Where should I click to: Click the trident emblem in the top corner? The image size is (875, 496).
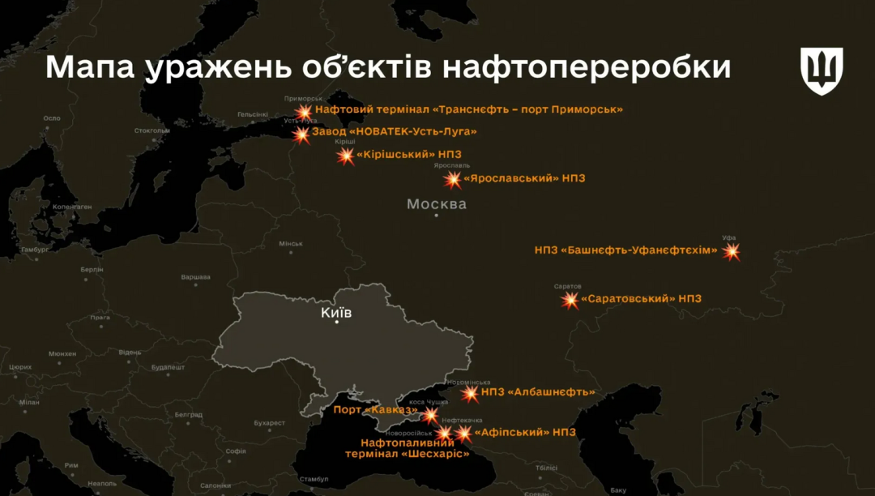pos(822,70)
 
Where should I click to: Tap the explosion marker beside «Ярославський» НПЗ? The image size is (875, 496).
pos(453,179)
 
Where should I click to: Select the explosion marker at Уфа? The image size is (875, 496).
pos(732,251)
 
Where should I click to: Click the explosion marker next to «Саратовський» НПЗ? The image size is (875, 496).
pos(570,301)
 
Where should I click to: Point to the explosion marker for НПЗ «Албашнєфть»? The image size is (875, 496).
pos(470,394)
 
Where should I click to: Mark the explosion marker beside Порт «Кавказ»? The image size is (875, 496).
pos(430,415)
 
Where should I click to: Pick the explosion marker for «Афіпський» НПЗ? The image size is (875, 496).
pos(463,434)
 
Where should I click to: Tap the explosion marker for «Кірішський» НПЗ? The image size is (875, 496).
pos(346,156)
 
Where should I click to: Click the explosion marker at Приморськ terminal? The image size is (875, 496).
pos(304,111)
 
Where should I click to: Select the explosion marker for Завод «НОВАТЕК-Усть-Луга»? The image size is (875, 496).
pos(301,134)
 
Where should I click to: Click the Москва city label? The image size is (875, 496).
pos(437,203)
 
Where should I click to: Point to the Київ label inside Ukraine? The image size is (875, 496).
pos(336,311)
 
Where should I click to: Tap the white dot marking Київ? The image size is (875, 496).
pos(338,322)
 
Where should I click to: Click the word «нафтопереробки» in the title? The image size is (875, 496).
pos(587,68)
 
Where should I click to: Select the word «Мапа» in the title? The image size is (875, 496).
pos(90,68)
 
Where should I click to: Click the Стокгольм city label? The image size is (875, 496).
pos(152,130)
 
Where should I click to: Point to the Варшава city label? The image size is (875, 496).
pos(195,277)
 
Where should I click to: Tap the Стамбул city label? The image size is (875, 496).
pos(314,479)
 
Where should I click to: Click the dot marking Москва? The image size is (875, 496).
pos(436,216)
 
